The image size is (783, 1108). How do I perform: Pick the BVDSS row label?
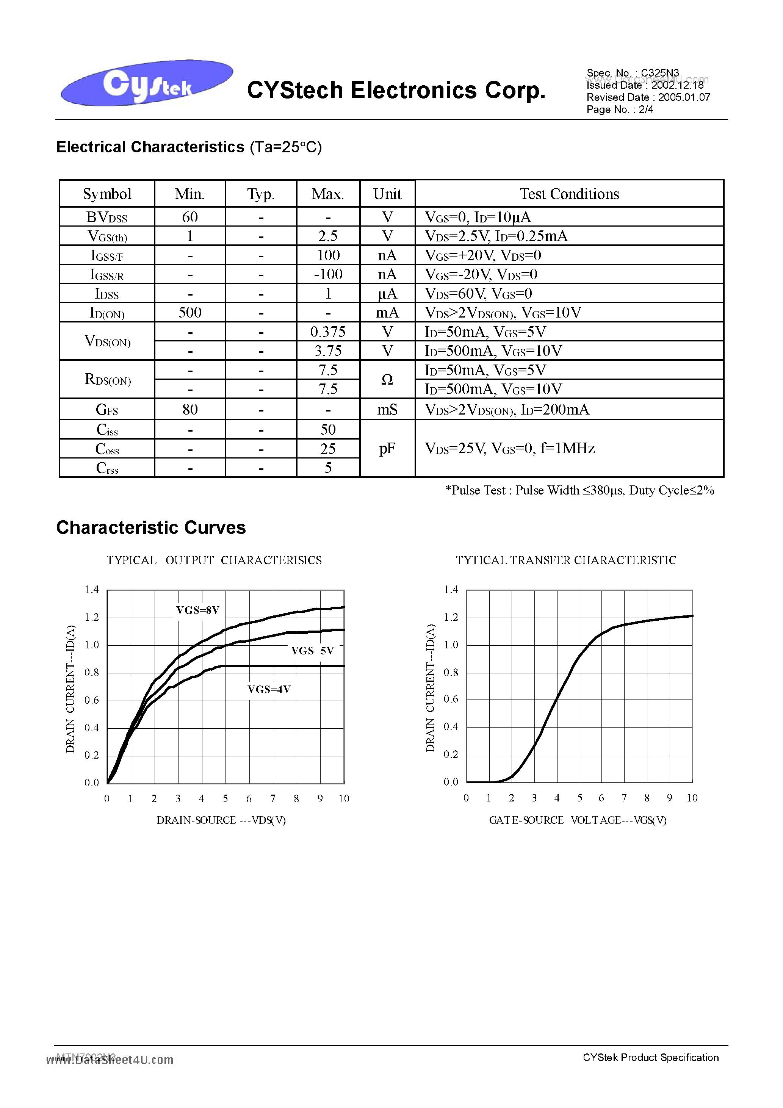[106, 217]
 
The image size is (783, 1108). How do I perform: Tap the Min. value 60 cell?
[190, 217]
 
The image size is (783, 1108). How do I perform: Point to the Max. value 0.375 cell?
[328, 332]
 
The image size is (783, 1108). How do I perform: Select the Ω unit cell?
[387, 380]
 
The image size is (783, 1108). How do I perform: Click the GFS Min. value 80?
[190, 410]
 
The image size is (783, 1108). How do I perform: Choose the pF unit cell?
[387, 449]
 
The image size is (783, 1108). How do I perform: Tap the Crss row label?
[106, 468]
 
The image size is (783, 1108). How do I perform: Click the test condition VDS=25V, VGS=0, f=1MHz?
[509, 449]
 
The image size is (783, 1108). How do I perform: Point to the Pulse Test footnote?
[579, 491]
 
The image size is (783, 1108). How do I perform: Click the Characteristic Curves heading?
[151, 527]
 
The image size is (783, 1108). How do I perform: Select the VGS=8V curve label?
[198, 610]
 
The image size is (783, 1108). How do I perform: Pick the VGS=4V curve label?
[269, 690]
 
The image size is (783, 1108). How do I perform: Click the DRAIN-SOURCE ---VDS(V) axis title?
[221, 820]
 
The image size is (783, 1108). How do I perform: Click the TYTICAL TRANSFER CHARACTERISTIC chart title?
[566, 560]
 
